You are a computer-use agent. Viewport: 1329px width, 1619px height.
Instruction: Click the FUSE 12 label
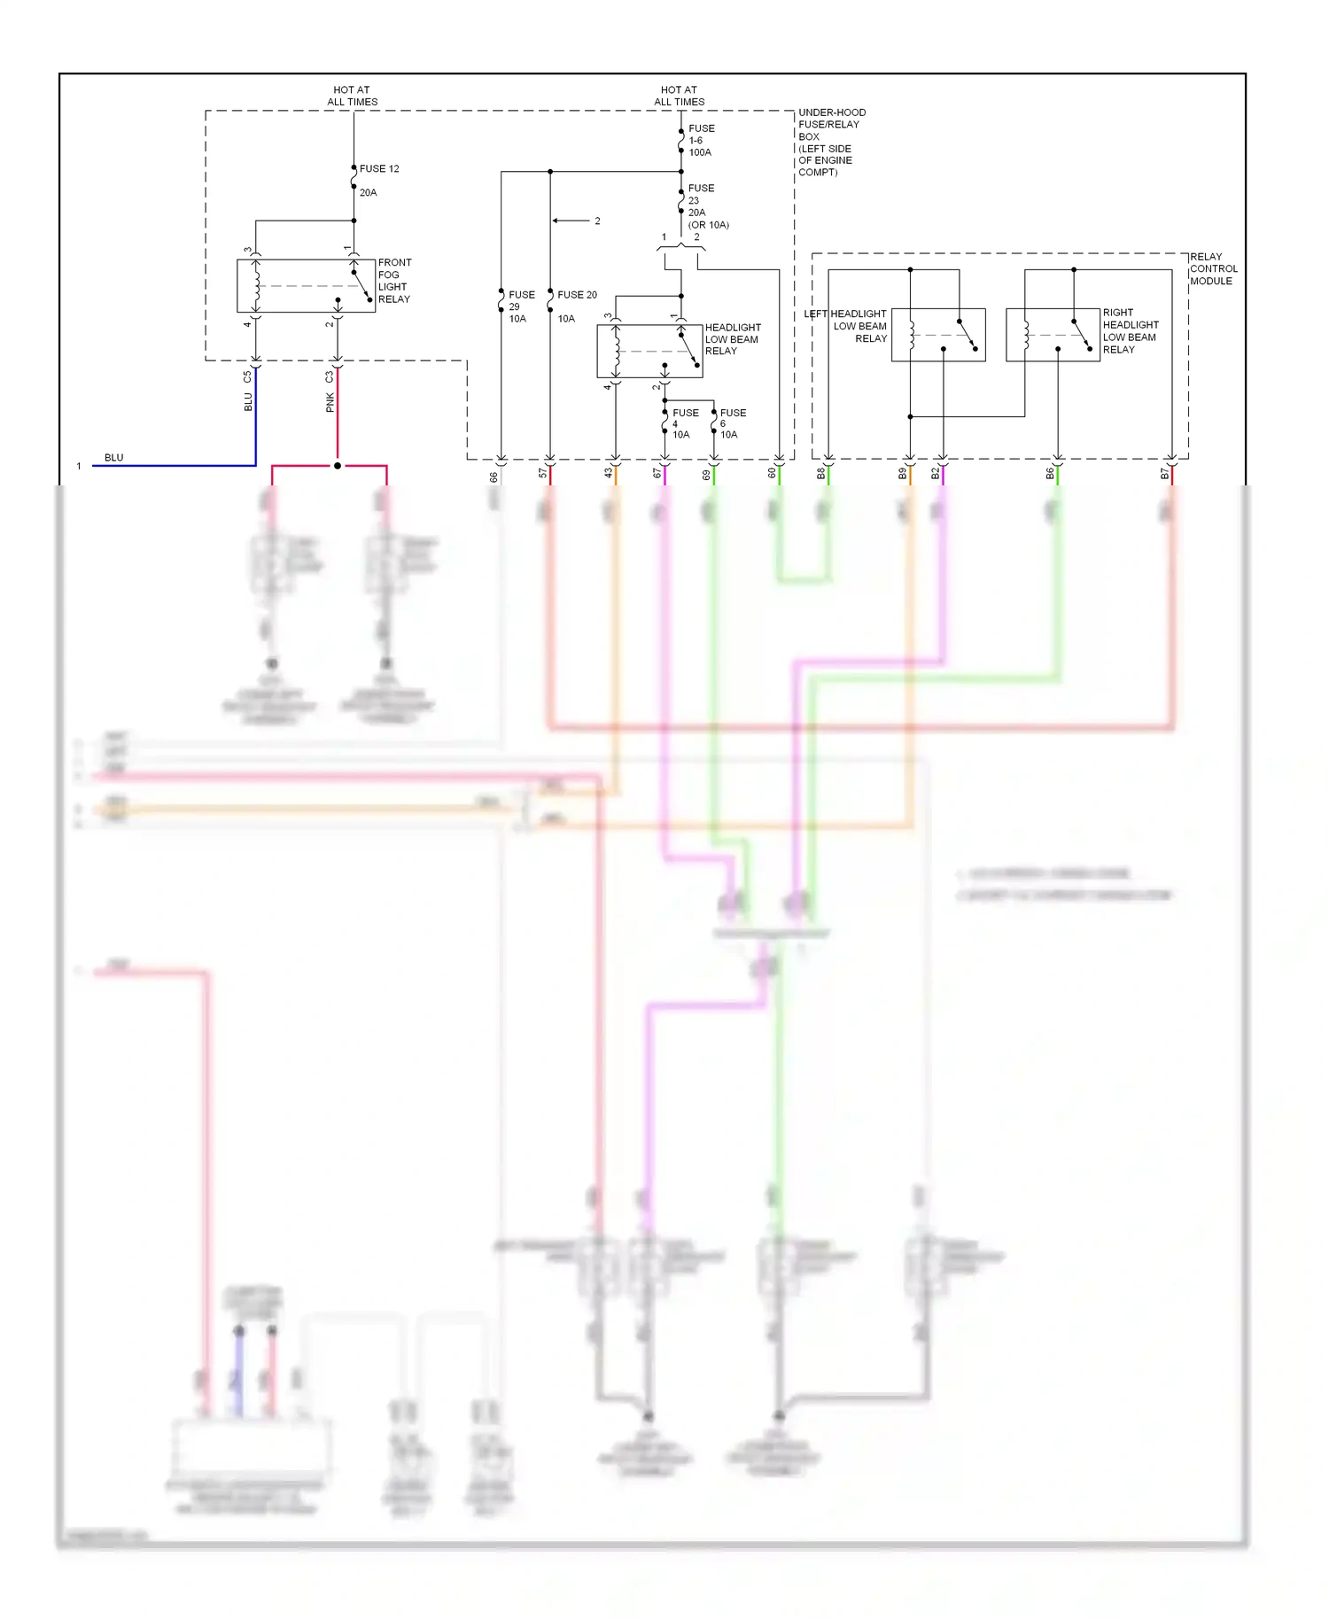point(379,168)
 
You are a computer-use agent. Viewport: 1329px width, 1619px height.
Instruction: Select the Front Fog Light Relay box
point(306,285)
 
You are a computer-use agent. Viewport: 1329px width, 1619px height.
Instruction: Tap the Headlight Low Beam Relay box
point(649,351)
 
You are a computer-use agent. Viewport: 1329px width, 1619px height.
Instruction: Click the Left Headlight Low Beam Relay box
point(937,334)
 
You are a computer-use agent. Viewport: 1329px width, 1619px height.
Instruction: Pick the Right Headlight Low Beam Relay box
point(1053,334)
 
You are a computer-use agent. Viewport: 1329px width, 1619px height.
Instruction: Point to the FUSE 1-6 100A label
point(700,140)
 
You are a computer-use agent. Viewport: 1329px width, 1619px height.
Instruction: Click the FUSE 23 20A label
point(700,200)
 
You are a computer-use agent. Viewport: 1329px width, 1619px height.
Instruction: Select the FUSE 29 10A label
point(520,306)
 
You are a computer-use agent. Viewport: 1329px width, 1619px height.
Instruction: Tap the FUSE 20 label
point(577,295)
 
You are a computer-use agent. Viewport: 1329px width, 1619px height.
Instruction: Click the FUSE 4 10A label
point(684,423)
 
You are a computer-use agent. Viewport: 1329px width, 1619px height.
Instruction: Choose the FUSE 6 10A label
point(732,423)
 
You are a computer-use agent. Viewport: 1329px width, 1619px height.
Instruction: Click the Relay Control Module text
point(1212,268)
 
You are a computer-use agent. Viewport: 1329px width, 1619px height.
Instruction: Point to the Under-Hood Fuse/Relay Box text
point(830,142)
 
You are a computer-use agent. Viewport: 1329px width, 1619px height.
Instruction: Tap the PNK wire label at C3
point(330,403)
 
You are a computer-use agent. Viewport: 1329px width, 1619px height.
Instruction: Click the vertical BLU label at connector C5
point(248,402)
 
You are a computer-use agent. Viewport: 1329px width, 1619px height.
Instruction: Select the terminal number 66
point(494,476)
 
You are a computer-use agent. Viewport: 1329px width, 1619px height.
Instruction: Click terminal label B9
point(902,474)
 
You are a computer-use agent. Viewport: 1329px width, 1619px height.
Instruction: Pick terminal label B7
point(1164,474)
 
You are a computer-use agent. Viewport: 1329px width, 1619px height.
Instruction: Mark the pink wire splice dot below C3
point(338,465)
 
